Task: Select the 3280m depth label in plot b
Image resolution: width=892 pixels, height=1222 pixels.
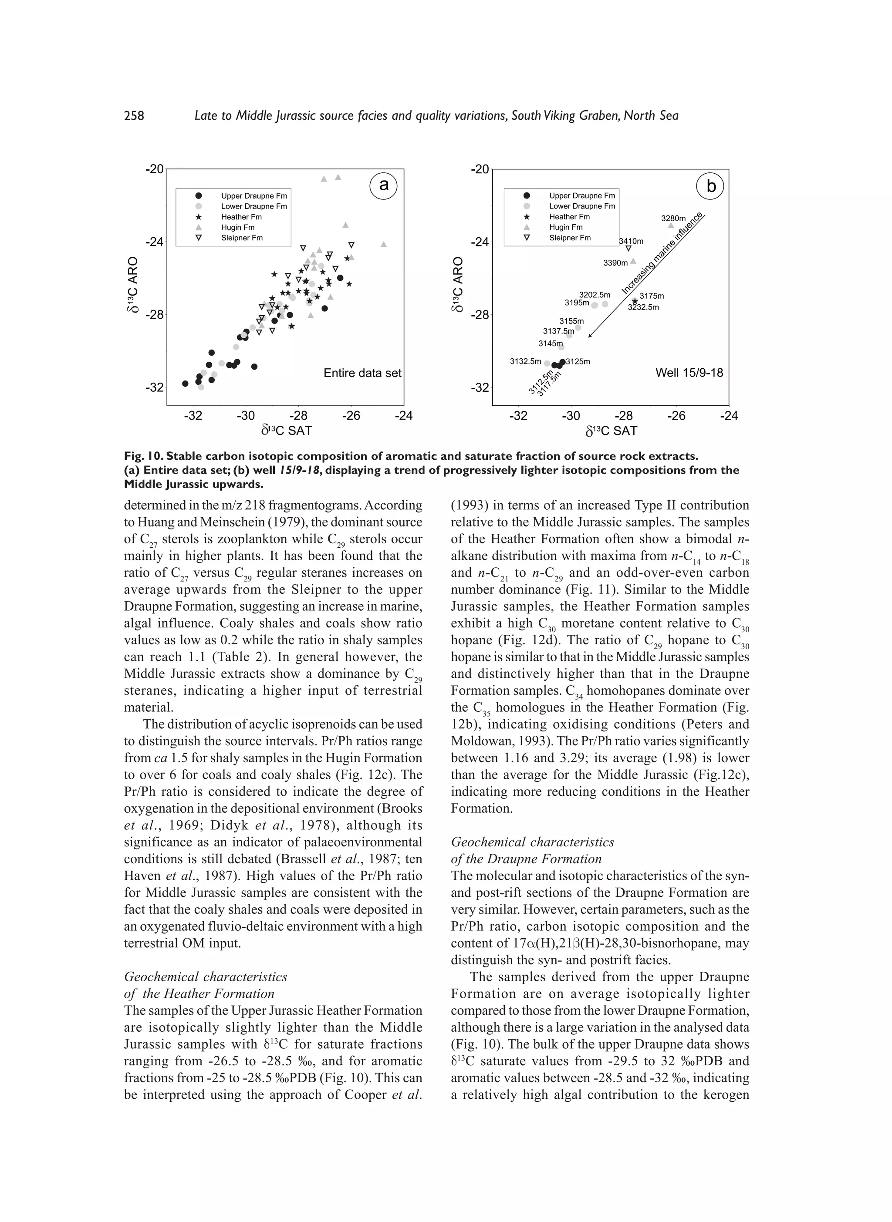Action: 673,219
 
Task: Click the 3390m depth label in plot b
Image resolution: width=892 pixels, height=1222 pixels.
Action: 615,263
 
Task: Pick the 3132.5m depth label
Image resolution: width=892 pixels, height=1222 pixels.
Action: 525,361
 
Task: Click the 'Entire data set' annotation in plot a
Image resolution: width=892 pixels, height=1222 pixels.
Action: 362,373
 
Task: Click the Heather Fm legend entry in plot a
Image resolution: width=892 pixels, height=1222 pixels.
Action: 241,217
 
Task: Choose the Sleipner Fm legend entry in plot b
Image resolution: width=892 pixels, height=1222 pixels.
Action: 570,238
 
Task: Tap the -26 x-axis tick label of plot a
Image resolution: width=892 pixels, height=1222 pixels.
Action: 351,416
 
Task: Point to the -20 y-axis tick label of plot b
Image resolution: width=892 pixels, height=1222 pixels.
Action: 480,169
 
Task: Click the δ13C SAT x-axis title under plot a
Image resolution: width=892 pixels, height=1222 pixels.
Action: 286,431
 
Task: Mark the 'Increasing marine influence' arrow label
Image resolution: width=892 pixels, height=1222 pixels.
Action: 662,253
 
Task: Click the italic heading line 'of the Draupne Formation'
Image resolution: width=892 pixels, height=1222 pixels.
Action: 526,859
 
